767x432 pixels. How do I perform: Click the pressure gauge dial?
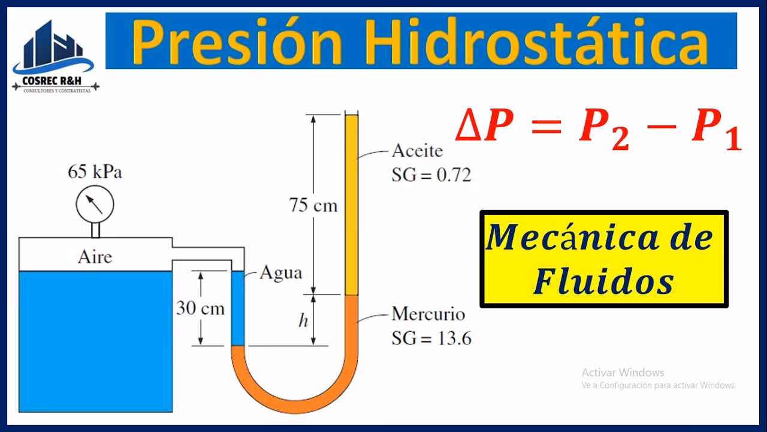pyautogui.click(x=95, y=205)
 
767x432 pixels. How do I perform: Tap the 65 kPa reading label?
pyautogui.click(x=95, y=172)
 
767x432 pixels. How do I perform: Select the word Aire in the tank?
pyautogui.click(x=95, y=257)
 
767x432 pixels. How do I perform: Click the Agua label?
pyautogui.click(x=280, y=273)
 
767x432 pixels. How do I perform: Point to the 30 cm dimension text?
pyautogui.click(x=200, y=308)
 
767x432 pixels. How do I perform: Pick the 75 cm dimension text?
pyautogui.click(x=313, y=206)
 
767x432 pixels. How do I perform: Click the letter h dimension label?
pyautogui.click(x=303, y=321)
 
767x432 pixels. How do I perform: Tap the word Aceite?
pyautogui.click(x=417, y=151)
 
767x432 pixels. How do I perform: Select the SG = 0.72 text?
pyautogui.click(x=431, y=175)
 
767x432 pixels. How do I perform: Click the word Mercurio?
pyautogui.click(x=428, y=314)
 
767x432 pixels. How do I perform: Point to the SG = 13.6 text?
pyautogui.click(x=431, y=338)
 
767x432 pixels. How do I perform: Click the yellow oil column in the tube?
pyautogui.click(x=351, y=204)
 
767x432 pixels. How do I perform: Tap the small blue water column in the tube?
pyautogui.click(x=238, y=308)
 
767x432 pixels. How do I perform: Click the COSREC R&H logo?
pyautogui.click(x=56, y=57)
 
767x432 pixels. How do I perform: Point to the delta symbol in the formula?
pyautogui.click(x=467, y=128)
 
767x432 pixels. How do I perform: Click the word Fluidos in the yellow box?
pyautogui.click(x=603, y=281)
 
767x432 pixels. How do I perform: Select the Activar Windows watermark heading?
pyautogui.click(x=623, y=373)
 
